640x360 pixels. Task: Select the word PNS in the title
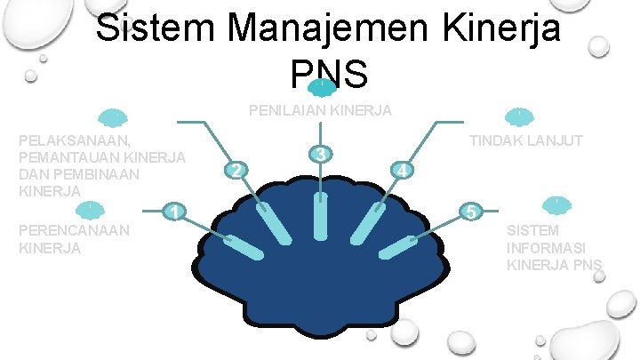point(328,75)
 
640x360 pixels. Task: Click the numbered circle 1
point(176,211)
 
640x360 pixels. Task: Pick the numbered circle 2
point(236,170)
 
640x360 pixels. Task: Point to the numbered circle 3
point(321,154)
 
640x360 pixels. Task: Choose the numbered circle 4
point(403,170)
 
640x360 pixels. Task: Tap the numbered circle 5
point(471,211)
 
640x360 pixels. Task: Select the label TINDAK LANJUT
point(525,140)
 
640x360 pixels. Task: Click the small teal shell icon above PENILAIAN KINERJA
point(321,87)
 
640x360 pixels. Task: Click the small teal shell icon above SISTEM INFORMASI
point(556,204)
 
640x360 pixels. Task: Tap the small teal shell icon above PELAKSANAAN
point(113,117)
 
